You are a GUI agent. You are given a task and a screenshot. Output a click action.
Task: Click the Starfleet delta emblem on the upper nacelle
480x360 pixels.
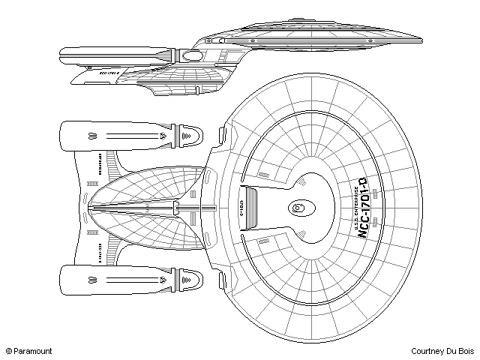[162, 136]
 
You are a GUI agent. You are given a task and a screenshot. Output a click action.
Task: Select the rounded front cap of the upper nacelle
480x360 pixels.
[191, 136]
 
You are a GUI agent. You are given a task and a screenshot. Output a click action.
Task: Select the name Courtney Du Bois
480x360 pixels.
[442, 350]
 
